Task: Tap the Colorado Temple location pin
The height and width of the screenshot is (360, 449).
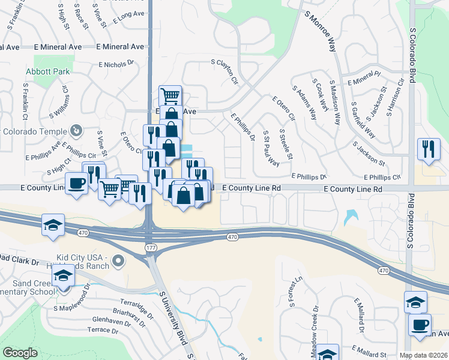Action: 76,130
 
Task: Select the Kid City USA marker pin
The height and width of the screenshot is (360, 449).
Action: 118,260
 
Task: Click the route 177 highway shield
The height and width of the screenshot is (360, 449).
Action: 149,247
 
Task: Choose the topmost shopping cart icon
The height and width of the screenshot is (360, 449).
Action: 170,95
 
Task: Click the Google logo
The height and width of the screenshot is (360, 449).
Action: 20,353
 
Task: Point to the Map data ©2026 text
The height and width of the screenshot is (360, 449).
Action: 423,355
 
